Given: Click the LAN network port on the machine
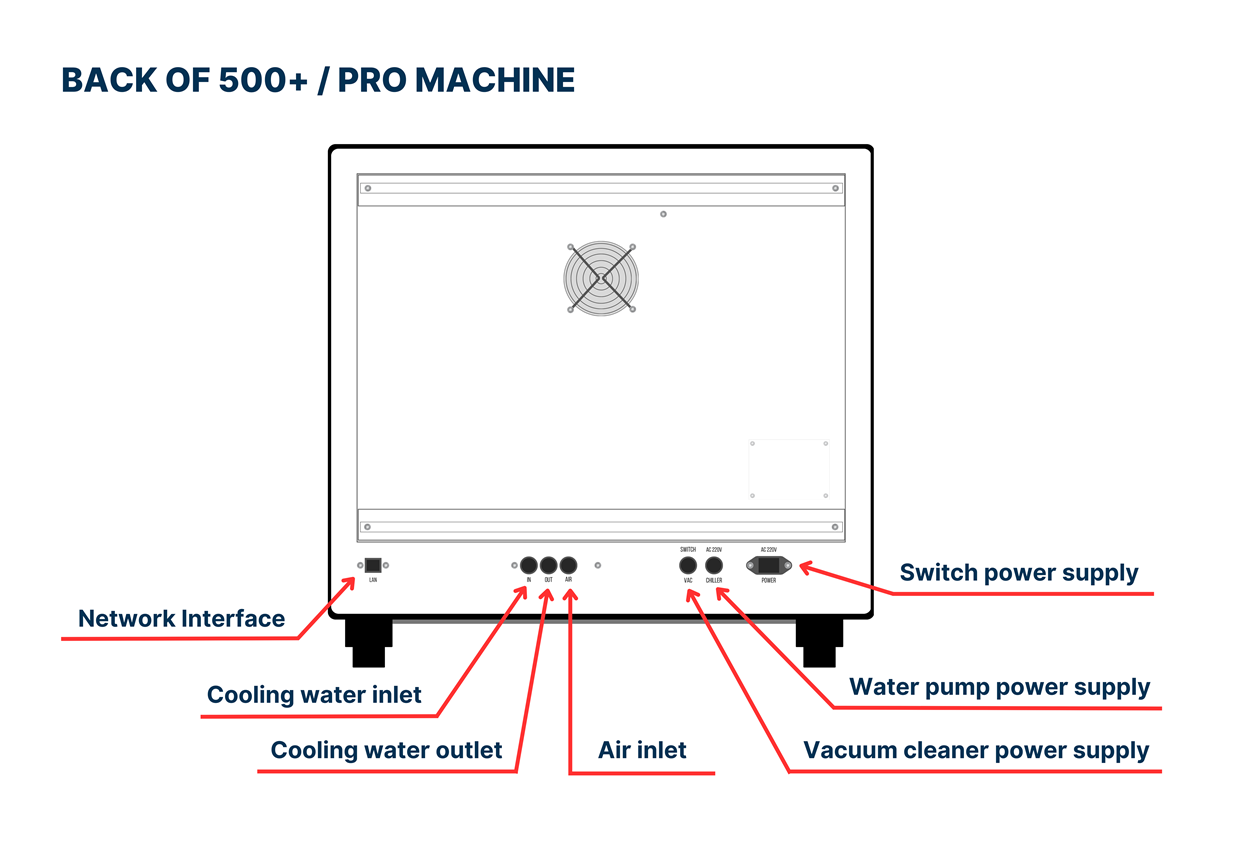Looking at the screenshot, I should click(373, 565).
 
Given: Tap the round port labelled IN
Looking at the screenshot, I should click(529, 565).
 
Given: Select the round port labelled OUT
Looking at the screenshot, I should click(548, 565).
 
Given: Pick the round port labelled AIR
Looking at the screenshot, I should click(568, 565).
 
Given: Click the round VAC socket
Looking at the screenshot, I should click(688, 566).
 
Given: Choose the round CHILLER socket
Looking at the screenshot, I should click(714, 566).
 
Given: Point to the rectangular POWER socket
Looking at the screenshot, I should click(768, 566).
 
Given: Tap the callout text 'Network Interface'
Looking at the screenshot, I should click(181, 619).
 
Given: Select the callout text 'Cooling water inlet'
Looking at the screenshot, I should click(314, 695).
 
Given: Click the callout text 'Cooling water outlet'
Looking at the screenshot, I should click(386, 750).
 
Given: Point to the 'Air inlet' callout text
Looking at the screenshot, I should click(642, 750).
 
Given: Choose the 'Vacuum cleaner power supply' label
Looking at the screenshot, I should click(976, 750).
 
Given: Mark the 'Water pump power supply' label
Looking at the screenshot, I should click(999, 688).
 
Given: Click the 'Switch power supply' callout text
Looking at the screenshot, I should click(1018, 573).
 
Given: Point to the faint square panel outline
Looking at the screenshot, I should click(789, 469).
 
